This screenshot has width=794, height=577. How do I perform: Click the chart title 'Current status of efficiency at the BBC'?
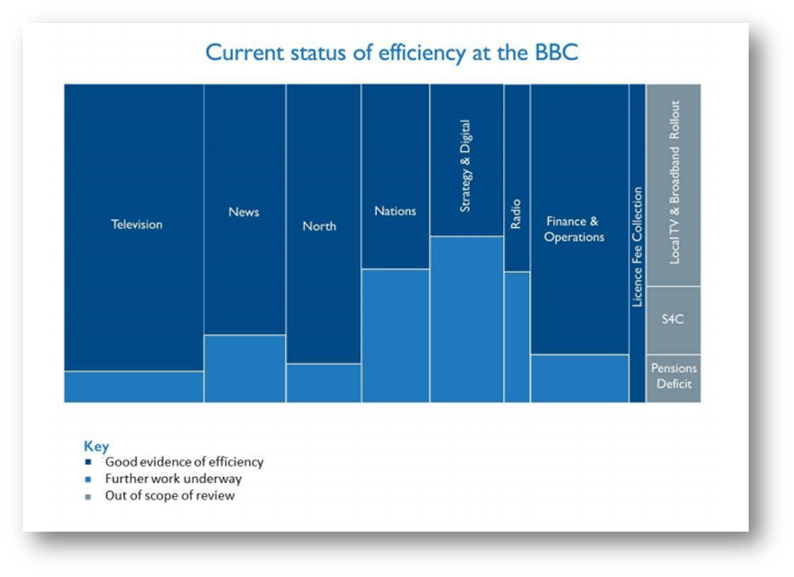click(x=392, y=53)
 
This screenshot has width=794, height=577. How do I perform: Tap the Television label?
click(x=137, y=224)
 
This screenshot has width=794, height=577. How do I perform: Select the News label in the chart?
click(x=244, y=212)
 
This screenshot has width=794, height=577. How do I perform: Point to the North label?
click(x=319, y=226)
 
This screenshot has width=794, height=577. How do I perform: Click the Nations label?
click(x=395, y=211)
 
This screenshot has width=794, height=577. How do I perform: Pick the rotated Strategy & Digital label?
click(x=465, y=166)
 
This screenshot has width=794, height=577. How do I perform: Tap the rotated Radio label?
click(x=515, y=214)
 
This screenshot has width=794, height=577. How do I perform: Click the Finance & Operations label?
click(x=574, y=229)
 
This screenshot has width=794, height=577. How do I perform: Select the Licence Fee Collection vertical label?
click(x=637, y=247)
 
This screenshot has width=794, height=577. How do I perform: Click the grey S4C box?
click(x=673, y=320)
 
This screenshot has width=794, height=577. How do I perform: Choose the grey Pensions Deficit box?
click(x=673, y=379)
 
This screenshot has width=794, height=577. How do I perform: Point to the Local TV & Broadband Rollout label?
click(x=675, y=182)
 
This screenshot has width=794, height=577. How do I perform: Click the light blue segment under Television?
click(x=133, y=387)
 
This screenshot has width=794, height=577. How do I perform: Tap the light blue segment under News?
click(x=245, y=369)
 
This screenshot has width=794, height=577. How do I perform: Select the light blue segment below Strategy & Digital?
click(x=467, y=320)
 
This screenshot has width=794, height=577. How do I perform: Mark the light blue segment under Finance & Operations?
click(x=580, y=379)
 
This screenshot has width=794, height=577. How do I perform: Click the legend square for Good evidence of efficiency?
click(x=88, y=462)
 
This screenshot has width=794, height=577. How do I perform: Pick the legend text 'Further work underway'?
click(x=173, y=479)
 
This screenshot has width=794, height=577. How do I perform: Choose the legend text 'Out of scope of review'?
click(x=170, y=495)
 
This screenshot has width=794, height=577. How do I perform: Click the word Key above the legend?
click(x=96, y=446)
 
